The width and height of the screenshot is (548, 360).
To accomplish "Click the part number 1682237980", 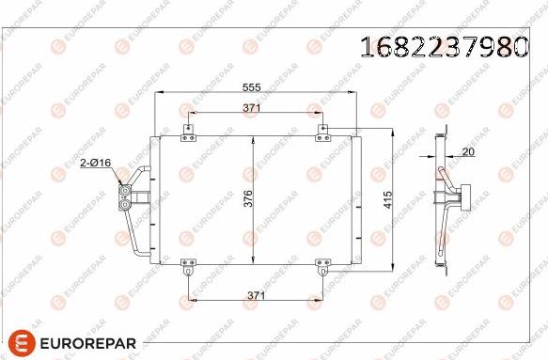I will point(443,45).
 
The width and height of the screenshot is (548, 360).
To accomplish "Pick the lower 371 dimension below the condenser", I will point(254,295).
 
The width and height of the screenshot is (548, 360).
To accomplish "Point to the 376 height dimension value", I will point(248,200).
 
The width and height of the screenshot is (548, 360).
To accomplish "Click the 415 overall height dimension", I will point(386,200).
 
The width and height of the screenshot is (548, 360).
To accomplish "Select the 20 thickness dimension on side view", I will point(469,151).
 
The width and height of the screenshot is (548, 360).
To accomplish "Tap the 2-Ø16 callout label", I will point(95,164).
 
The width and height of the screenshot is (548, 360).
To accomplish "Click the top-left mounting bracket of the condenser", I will point(188,133).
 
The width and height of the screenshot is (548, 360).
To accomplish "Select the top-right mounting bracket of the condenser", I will point(321,133).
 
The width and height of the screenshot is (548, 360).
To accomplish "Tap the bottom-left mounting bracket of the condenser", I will point(188,270).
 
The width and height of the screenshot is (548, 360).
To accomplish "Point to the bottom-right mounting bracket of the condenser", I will point(321,270).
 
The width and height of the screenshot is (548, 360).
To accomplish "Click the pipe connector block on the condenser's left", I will point(125,196).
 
